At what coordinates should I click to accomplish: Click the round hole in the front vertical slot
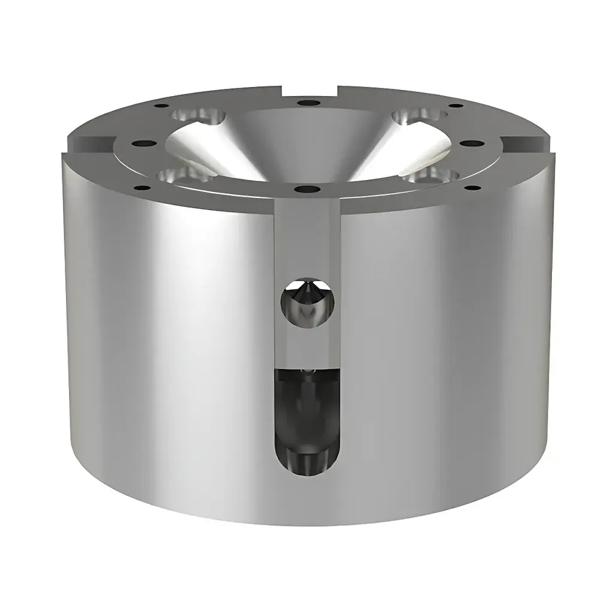[306, 303]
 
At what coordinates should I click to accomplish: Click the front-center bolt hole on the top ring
[307, 190]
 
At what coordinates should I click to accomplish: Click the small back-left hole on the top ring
[161, 106]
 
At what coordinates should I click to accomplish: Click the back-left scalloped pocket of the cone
[195, 115]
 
